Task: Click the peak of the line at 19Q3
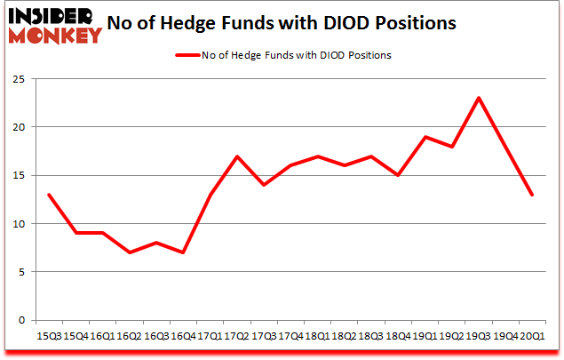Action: [479, 98]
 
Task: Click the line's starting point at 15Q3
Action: [48, 195]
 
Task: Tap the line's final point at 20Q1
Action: [532, 195]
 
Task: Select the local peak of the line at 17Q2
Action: [236, 156]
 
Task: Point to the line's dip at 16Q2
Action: [129, 252]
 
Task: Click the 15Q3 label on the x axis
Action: [48, 335]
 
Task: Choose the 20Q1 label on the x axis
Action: [532, 335]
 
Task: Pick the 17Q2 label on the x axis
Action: [236, 335]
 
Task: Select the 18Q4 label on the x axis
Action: [398, 335]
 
